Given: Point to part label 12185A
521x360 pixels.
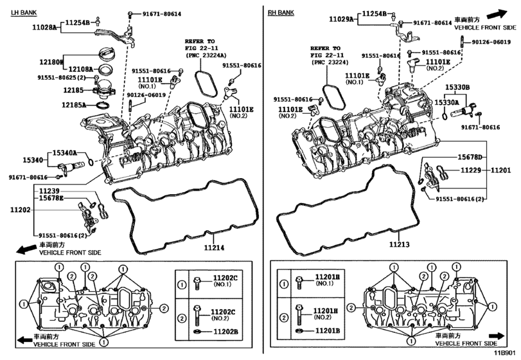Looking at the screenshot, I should (74, 104).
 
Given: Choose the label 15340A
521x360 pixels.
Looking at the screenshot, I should (64, 154).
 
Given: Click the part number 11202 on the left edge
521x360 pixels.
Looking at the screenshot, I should (19, 210).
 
